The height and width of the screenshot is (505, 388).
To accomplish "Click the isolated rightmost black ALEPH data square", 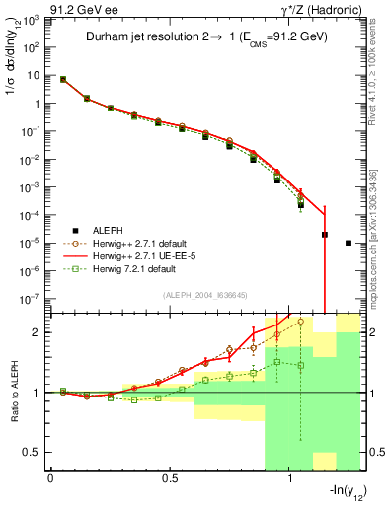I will click(x=349, y=243).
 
